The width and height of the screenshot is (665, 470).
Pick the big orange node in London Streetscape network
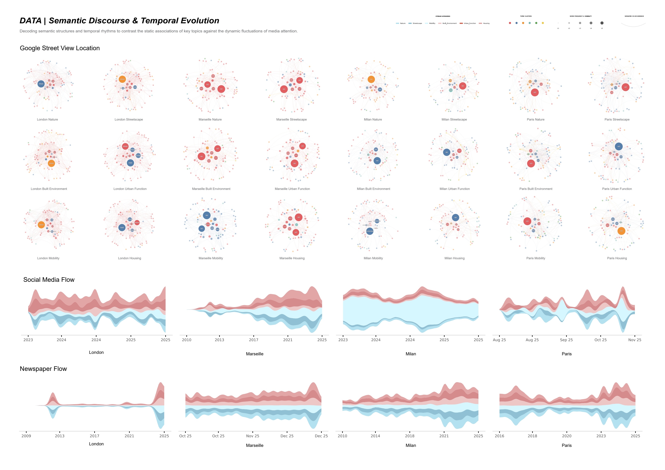122,79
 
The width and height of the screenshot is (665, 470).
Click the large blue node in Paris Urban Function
619,146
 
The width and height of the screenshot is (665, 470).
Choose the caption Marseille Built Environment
211,189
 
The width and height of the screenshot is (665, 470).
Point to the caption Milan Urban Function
455,189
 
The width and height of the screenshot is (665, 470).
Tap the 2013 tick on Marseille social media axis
219,340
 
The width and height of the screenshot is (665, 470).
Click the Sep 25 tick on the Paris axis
566,340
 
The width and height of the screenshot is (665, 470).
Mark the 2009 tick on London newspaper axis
26,436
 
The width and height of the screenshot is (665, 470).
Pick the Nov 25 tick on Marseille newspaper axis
253,436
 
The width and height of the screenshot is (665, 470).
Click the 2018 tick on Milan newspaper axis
410,436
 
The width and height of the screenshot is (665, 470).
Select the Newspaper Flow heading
43,369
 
